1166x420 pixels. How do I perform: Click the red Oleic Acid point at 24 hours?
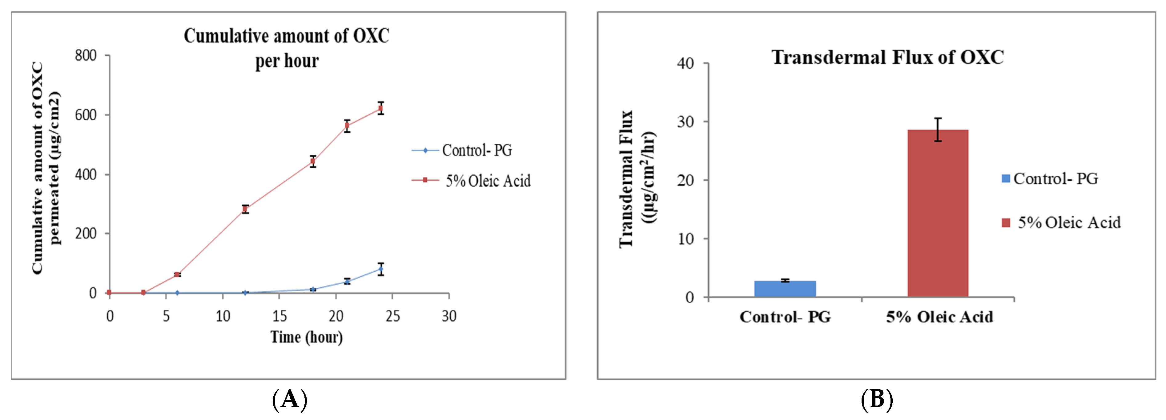381,108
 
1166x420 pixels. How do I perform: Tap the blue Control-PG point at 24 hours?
381,269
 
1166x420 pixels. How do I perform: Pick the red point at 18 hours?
313,161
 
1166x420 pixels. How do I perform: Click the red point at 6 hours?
177,274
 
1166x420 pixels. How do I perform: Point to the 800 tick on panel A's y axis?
86,56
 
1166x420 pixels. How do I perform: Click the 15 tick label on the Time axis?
279,316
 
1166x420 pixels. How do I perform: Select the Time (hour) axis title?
307,337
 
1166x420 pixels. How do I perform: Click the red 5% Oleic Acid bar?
937,213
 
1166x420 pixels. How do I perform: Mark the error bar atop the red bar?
938,130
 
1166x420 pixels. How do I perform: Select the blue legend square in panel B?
1005,178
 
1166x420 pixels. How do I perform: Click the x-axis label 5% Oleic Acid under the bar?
939,317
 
